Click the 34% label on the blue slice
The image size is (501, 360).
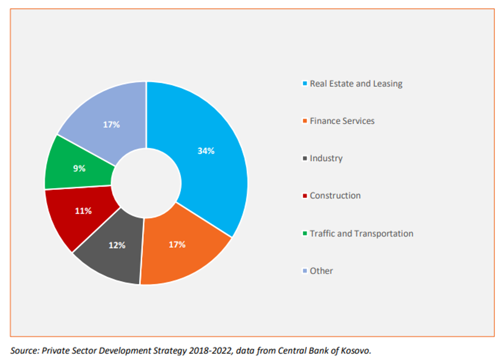(x=206, y=151)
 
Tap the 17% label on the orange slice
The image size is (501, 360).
(x=177, y=244)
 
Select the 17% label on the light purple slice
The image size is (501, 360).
(x=111, y=124)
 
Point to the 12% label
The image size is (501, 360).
(x=117, y=245)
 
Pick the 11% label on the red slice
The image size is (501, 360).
(x=83, y=211)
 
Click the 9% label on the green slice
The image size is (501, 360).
(x=79, y=168)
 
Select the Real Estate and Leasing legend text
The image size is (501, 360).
(x=356, y=83)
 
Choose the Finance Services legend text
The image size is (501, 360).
(x=342, y=121)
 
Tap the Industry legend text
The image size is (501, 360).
(x=326, y=159)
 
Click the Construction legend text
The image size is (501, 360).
(x=335, y=196)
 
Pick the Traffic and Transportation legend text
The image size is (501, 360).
(x=361, y=234)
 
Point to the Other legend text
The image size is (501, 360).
(x=322, y=271)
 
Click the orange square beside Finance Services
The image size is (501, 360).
(x=305, y=122)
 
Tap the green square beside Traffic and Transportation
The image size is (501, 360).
(x=305, y=234)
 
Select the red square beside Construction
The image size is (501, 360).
(x=305, y=196)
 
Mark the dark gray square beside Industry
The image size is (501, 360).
(x=305, y=159)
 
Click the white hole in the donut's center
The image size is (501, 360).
(x=146, y=183)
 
